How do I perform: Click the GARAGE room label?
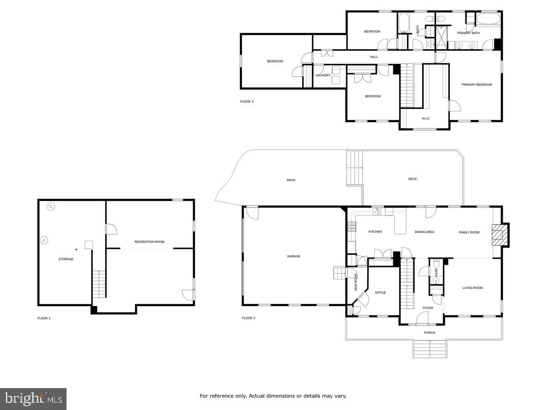pos(294,256)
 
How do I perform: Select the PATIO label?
pos(291,180)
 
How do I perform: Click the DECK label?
pos(412,179)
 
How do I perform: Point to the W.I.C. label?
pos(426,119)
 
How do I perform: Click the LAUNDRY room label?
pos(323,75)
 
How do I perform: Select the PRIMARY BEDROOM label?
pos(476,85)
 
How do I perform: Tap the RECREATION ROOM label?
pos(150,242)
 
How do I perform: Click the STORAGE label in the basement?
pos(66,259)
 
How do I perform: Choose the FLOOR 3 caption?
pos(247,102)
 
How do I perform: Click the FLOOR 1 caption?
pos(44,318)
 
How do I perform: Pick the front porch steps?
pos(429,349)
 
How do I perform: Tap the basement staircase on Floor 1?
pos(99,283)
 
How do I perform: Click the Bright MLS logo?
pos(33,399)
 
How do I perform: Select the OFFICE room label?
pos(380,292)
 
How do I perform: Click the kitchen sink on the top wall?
pos(377,212)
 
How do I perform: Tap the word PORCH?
pos(429,333)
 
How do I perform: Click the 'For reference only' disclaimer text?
pos(273,396)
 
